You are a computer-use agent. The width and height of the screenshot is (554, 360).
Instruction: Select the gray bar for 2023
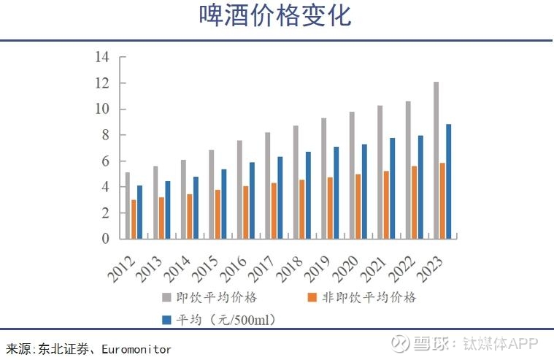coord(436,160)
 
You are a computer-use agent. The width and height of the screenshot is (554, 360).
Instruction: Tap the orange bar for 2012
coord(134,219)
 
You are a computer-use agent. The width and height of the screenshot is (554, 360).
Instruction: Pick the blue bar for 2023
coord(449,181)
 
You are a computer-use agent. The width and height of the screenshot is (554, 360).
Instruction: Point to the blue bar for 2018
coord(307,195)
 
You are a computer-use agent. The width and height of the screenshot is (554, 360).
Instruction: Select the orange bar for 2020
coord(358,206)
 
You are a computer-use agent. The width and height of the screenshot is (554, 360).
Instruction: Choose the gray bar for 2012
coord(127,205)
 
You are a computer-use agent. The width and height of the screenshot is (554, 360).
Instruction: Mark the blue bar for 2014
coord(196,207)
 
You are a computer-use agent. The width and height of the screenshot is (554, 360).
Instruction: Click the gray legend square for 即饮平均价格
coord(166,297)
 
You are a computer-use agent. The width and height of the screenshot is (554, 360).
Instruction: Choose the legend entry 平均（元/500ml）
coord(223,319)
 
